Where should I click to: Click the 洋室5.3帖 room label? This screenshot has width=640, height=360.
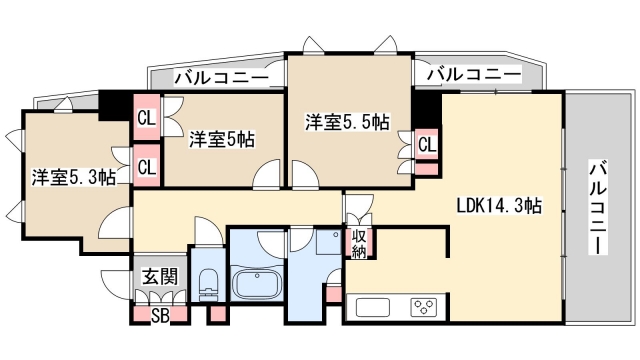pos(73,178)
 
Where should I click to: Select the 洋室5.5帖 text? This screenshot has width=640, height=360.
pos(347,123)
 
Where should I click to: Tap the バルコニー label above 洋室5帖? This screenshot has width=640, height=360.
pos(221,76)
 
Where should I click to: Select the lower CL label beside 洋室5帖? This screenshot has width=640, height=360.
pos(147,166)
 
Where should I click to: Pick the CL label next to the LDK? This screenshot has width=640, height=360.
pos(427,144)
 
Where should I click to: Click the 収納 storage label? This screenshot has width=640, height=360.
pos(359,244)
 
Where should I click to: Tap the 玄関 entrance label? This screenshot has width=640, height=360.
pos(153,277)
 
